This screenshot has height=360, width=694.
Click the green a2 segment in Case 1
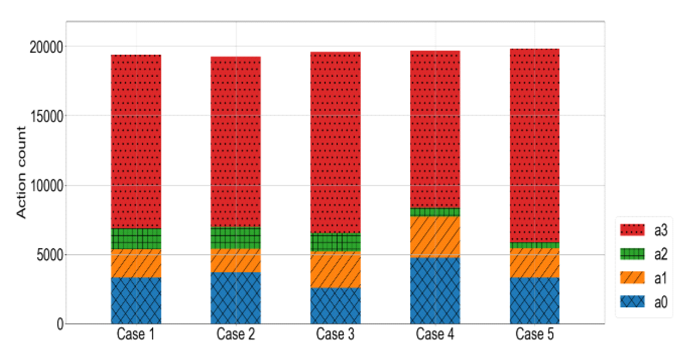pos(136,239)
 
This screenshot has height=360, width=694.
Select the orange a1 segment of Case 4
pos(434,236)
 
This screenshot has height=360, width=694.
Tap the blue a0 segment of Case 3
pos(335,306)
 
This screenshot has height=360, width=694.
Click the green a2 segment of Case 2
pos(236,238)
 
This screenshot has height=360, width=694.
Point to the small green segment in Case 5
pos(534,245)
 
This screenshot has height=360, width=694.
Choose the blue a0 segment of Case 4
pos(434,290)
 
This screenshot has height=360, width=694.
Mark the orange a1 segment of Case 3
pos(335,269)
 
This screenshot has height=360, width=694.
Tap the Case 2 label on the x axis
pos(235,334)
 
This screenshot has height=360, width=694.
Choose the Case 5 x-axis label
pos(534,334)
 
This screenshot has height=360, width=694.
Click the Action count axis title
pos(21,172)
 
